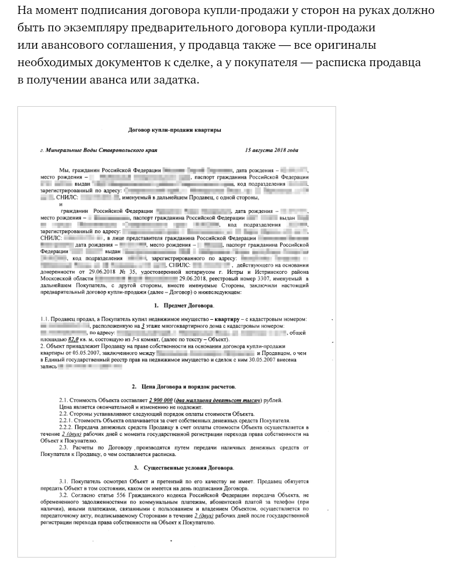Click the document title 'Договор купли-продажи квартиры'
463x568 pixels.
point(174,130)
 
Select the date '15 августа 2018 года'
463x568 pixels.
point(271,150)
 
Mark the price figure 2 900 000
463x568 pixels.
point(161,400)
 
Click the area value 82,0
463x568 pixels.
point(74,339)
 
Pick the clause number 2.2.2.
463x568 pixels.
point(68,427)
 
